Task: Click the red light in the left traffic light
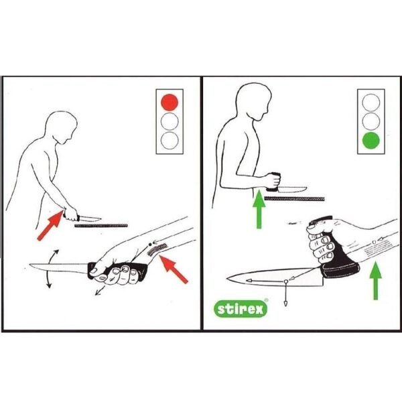170,103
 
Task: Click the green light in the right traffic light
371,141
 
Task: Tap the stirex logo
241,309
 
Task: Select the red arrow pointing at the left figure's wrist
51,225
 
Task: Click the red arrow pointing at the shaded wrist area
174,269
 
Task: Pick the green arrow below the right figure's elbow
259,209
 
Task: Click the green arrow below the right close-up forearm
376,281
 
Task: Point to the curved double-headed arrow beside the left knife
49,269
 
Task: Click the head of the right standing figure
254,101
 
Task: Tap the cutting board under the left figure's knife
101,226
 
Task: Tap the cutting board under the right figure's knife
294,199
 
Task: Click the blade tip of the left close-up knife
30,265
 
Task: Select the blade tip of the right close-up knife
227,278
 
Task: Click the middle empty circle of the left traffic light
170,121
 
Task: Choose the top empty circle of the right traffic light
371,103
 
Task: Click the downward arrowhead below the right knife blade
285,304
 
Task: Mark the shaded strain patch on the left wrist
157,249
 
